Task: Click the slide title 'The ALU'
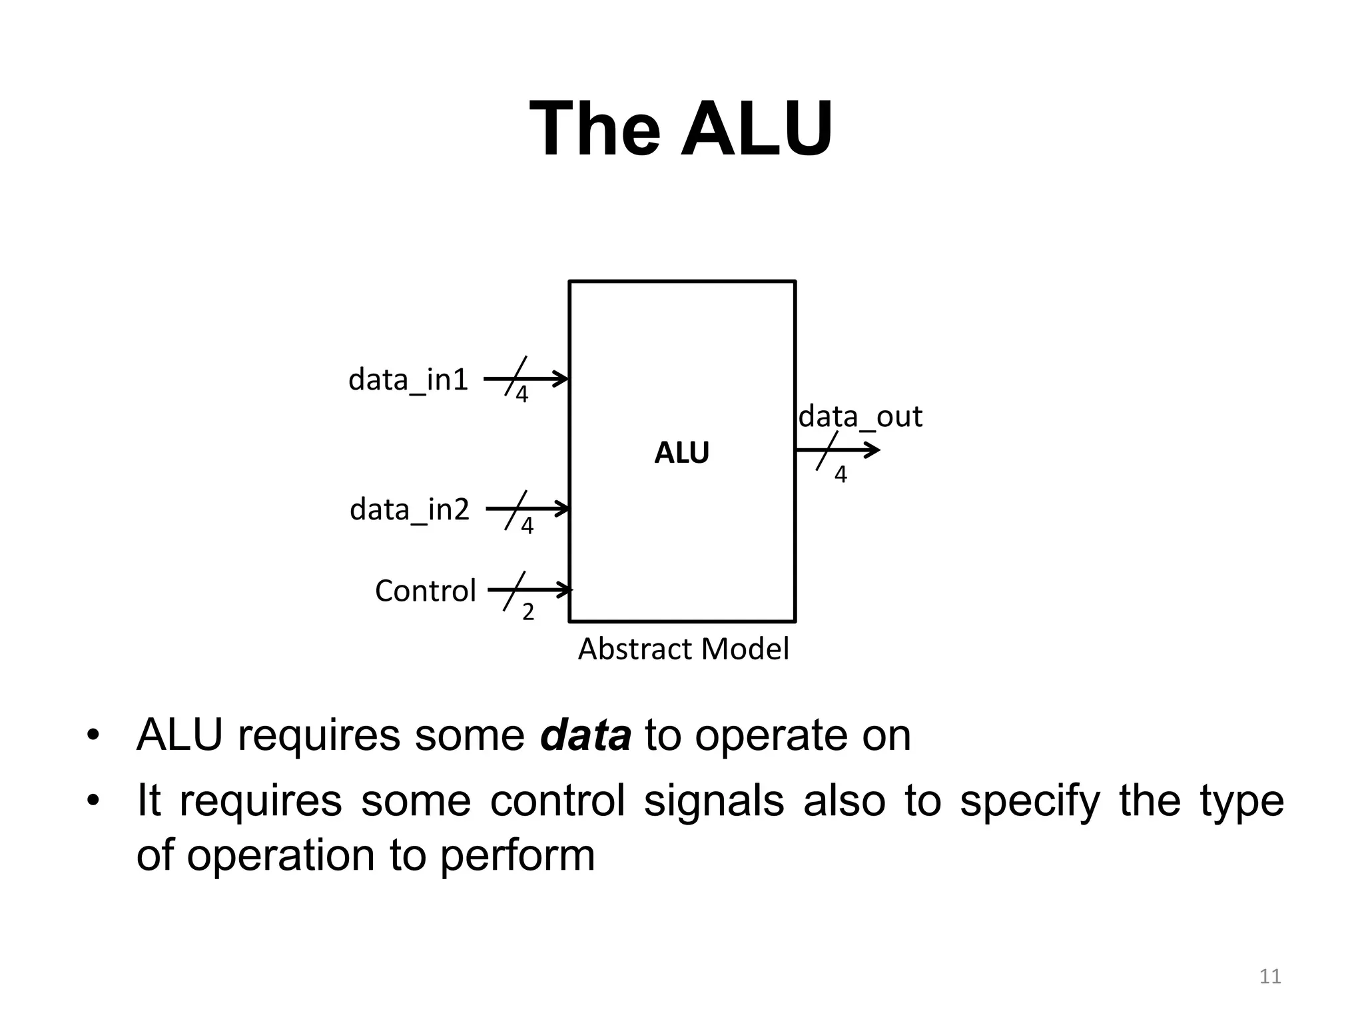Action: pos(681,128)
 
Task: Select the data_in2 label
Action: pos(410,510)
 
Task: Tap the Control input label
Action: pos(425,591)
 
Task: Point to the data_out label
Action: pos(860,418)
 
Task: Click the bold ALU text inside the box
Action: pos(681,454)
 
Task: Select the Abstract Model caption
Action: pos(683,649)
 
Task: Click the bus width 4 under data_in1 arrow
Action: pos(522,395)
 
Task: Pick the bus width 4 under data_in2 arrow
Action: pos(527,527)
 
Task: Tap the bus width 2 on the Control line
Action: pos(527,612)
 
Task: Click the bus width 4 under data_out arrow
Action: pos(841,475)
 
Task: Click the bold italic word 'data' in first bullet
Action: pos(585,736)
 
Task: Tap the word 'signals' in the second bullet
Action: pos(713,801)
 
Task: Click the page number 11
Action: pos(1270,976)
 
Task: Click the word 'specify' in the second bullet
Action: pos(1029,802)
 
